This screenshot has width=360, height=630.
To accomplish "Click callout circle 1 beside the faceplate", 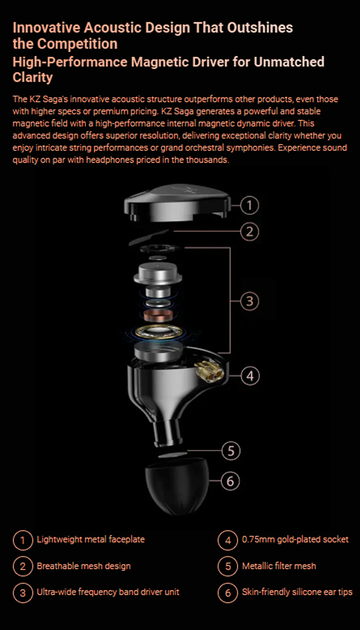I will point(249,206).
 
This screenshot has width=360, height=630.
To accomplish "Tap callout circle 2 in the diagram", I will point(249,232).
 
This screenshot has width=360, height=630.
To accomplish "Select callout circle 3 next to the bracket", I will point(249,301).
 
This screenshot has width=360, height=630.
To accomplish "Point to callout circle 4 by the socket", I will point(250,375).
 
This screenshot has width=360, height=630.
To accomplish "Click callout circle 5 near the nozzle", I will point(231,451).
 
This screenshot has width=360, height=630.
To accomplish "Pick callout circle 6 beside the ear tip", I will point(230,481).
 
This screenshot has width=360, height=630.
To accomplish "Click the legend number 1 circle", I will point(22,540).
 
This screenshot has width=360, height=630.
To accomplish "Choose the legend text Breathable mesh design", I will point(84,566).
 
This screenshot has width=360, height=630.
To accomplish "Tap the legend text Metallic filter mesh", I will point(279,566).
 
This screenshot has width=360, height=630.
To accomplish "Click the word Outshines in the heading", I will point(261,27).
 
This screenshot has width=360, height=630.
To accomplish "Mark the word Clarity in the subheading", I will point(33,77).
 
